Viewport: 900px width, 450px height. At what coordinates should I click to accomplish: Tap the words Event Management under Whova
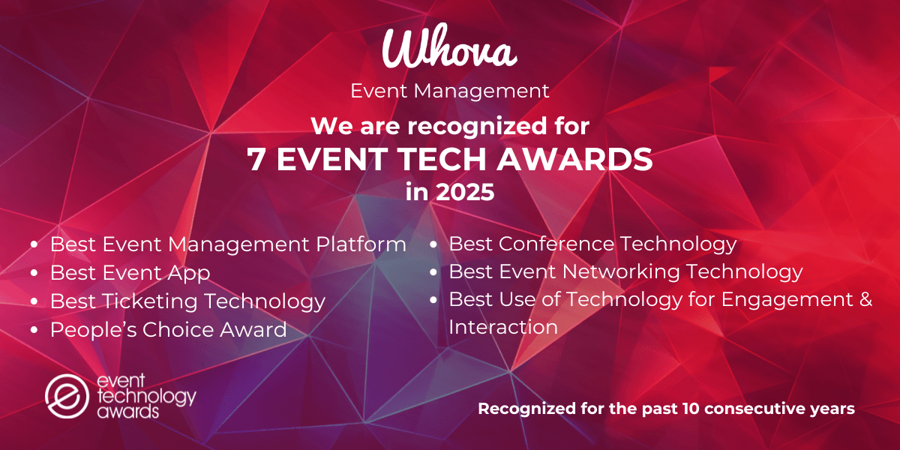pyautogui.click(x=450, y=91)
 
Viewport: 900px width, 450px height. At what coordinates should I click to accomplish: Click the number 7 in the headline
pyautogui.click(x=256, y=159)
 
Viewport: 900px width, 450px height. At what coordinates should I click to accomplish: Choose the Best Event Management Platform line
pyautogui.click(x=228, y=244)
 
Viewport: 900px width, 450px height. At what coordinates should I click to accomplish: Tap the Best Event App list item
pyautogui.click(x=130, y=272)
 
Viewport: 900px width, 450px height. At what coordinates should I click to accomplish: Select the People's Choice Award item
pyautogui.click(x=168, y=329)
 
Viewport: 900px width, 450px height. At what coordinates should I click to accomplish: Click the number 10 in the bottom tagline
pyautogui.click(x=692, y=409)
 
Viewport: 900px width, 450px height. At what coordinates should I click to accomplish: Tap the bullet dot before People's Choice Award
pyautogui.click(x=34, y=330)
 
